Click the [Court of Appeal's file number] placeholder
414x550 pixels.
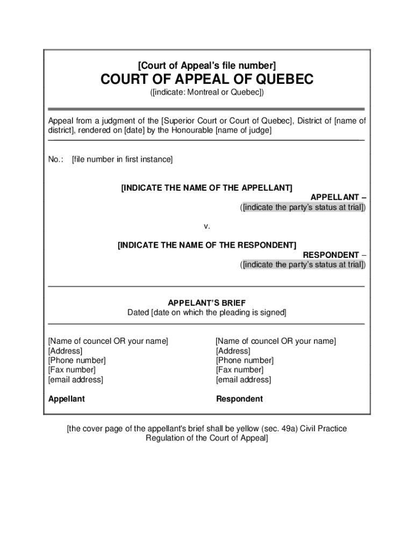pos(207,66)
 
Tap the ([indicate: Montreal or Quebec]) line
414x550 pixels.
pos(207,93)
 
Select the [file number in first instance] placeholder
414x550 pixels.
pos(122,159)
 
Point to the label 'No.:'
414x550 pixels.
pos(56,159)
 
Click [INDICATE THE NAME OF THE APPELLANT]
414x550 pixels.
pos(207,188)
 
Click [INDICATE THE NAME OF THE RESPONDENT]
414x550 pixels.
pos(207,245)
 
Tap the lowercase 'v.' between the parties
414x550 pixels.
pos(207,226)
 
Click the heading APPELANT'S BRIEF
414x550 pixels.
pos(207,303)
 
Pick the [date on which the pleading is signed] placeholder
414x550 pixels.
pos(219,313)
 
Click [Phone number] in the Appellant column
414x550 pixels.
pos(77,360)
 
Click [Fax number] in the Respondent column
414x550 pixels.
pos(240,370)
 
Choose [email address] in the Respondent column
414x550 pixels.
pos(244,380)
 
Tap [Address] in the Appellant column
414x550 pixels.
pos(66,351)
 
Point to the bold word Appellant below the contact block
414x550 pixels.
pos(67,399)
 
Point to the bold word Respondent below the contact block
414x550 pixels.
pos(239,399)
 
